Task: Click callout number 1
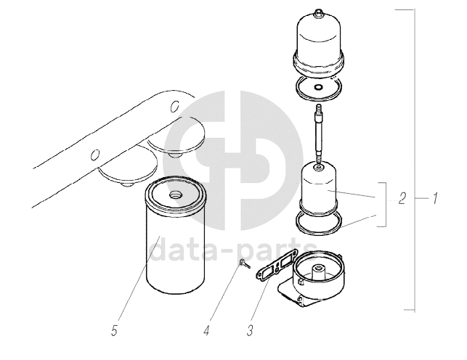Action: (x=435, y=198)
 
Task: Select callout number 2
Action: (x=402, y=198)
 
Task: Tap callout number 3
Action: (x=250, y=330)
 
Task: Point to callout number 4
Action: (x=207, y=330)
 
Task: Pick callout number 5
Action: (x=114, y=330)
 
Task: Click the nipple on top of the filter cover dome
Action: (x=318, y=12)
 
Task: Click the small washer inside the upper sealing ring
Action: (x=318, y=88)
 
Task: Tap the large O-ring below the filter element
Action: (x=318, y=222)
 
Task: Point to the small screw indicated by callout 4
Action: (x=245, y=264)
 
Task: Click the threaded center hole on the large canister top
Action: (x=174, y=195)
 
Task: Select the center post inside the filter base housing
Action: (x=318, y=272)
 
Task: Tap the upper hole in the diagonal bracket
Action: (x=174, y=107)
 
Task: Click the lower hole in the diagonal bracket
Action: (x=95, y=155)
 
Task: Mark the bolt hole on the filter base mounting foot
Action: (x=300, y=299)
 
